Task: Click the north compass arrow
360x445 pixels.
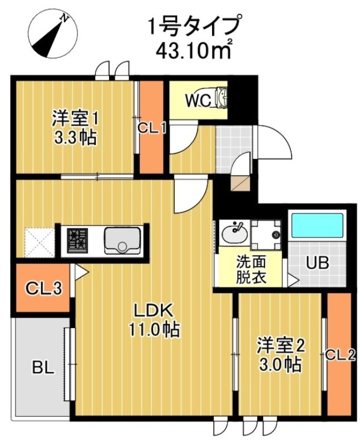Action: click(x=50, y=34)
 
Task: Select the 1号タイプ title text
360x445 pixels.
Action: click(x=194, y=25)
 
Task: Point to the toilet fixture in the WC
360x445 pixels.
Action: click(x=221, y=98)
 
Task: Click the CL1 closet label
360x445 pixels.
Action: click(x=152, y=128)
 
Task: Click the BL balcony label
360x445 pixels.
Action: click(x=43, y=368)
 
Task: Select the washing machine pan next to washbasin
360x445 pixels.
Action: click(x=267, y=234)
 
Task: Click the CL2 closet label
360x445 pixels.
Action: click(x=340, y=354)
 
